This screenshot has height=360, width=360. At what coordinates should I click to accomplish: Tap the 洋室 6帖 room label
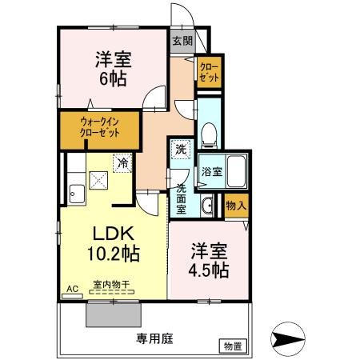pos(114,70)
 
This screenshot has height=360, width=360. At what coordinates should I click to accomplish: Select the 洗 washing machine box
pos(182,149)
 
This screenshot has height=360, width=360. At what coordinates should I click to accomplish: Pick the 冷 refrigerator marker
pos(123,162)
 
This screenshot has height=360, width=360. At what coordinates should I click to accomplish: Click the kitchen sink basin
pos(77,192)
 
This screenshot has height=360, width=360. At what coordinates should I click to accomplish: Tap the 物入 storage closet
pos(235,205)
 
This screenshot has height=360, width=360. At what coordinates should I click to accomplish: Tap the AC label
pos(71,289)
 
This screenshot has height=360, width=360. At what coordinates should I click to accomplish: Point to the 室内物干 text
pos(111,285)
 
